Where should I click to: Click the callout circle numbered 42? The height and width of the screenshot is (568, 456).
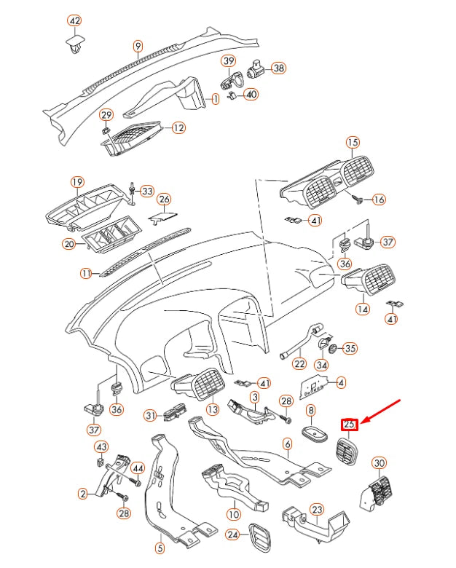coord(74,20)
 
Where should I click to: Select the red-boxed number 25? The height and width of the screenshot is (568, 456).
coord(350,424)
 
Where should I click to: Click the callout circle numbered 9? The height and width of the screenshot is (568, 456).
coord(138,47)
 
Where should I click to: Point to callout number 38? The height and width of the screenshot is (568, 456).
coord(278,68)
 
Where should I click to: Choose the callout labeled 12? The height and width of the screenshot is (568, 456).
coord(178,127)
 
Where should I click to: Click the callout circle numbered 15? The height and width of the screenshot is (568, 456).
coord(353,142)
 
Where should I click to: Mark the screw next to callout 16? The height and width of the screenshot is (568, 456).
coord(359,197)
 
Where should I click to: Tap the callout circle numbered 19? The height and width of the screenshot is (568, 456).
coord(77,181)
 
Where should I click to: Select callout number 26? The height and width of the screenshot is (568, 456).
coord(165,199)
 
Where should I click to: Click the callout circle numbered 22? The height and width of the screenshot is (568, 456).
coord(299,364)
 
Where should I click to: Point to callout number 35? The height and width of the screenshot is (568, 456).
coord(350,349)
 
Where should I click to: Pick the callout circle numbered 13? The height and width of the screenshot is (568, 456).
coord(212,410)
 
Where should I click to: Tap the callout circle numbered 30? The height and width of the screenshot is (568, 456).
coord(379,463)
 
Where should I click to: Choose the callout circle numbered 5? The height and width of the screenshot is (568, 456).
coord(160,547)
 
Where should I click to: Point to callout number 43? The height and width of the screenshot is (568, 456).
coord(102,446)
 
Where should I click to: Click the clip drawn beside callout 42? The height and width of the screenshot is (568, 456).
coord(74,46)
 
